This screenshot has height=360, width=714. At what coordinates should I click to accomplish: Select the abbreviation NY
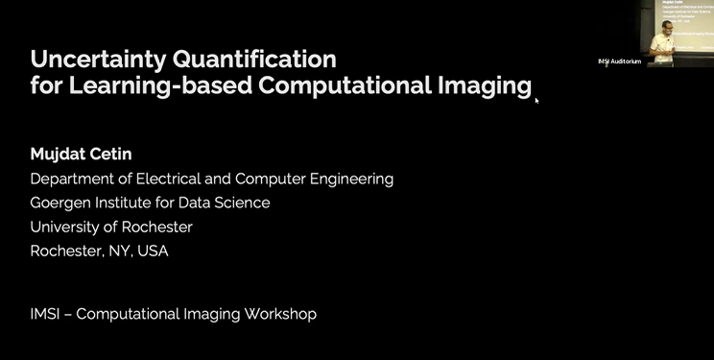(115, 252)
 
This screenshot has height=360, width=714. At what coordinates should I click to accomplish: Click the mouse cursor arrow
(536, 100)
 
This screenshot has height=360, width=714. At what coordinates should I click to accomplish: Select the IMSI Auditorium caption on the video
(619, 61)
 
